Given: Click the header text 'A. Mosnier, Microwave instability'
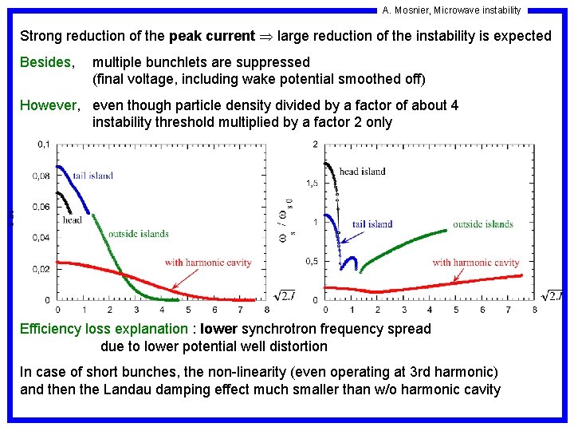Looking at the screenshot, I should [x=451, y=10].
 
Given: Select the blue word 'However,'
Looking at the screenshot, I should [x=49, y=105].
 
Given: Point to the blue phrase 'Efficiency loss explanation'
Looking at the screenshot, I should [x=103, y=329].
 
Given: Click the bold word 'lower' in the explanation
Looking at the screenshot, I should [x=219, y=329].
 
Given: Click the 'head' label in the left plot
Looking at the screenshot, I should [x=72, y=219].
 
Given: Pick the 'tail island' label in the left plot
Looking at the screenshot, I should [x=92, y=176].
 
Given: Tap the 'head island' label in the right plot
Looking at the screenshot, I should [x=362, y=171].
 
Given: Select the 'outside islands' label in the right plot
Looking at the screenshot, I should [x=483, y=224].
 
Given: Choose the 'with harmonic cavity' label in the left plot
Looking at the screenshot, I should [x=208, y=263].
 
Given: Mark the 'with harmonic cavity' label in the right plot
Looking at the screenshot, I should [x=476, y=263].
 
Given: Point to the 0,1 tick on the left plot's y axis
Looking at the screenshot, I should [x=43, y=144].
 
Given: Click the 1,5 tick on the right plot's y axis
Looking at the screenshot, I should [x=313, y=183].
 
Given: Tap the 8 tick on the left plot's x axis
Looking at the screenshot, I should [x=266, y=310].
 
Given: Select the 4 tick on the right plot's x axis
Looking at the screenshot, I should [x=430, y=310].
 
